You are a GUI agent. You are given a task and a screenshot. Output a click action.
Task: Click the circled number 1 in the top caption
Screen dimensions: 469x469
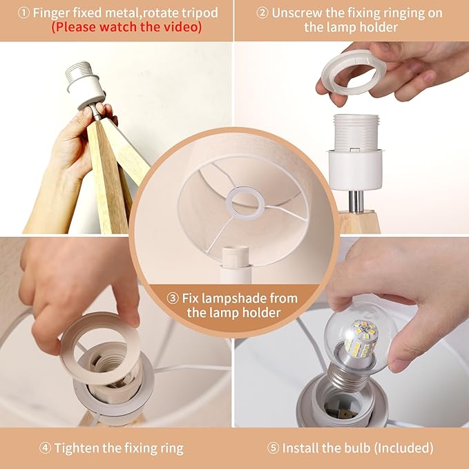[23, 13]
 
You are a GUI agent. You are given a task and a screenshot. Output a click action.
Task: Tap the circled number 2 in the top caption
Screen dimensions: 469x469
[262, 13]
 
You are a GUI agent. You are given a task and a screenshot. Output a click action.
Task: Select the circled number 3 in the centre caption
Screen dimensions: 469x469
[172, 298]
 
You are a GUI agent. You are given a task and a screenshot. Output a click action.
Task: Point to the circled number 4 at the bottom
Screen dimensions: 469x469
[45, 448]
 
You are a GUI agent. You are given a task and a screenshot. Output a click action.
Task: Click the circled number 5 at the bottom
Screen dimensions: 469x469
[273, 448]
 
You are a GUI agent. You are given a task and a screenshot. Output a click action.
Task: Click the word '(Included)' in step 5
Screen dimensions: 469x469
[403, 448]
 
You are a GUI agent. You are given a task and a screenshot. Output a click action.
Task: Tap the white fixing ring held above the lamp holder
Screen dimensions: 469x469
[354, 72]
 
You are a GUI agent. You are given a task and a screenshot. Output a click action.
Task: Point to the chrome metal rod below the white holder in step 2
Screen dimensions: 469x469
[356, 201]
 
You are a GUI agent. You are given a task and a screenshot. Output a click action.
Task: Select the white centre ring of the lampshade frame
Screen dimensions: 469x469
[246, 204]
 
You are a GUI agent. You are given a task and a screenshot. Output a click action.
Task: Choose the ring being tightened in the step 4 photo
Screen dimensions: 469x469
[100, 348]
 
